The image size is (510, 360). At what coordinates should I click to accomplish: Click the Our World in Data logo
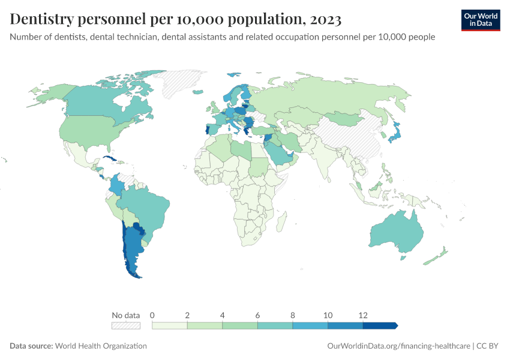[480, 20]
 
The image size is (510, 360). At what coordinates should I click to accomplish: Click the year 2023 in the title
[324, 20]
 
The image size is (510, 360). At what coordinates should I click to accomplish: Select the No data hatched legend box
[126, 326]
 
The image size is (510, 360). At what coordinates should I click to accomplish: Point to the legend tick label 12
[362, 315]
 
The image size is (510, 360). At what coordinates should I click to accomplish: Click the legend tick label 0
[152, 315]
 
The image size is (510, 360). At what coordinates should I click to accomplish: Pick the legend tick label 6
[257, 315]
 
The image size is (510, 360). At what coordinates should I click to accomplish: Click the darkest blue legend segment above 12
[379, 326]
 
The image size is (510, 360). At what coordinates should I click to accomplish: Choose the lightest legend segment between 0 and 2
[170, 326]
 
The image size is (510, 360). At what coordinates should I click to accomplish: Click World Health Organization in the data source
[101, 346]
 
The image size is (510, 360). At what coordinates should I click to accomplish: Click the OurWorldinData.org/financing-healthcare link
[398, 346]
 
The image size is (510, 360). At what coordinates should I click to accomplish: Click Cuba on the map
[110, 158]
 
